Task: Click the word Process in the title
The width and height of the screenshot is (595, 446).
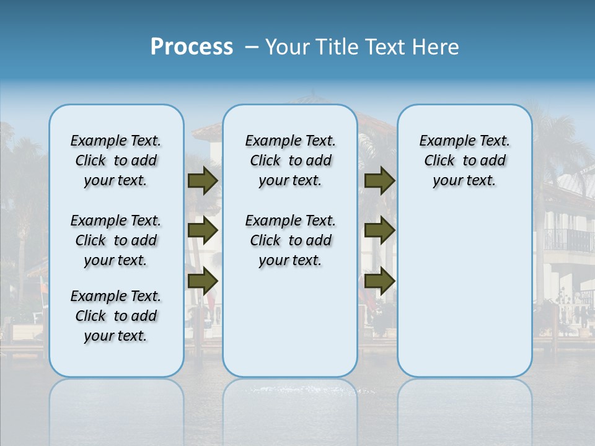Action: [x=192, y=47]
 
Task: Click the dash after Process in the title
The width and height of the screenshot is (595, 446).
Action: [x=251, y=48]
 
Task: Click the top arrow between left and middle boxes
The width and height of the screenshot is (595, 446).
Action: [x=203, y=181]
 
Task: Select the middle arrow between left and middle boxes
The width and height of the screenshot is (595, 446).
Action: [x=203, y=231]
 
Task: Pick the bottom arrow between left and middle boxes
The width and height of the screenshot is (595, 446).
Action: [x=203, y=281]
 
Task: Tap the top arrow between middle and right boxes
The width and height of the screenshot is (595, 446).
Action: [x=379, y=181]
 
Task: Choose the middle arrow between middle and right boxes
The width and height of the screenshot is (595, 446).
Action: [x=379, y=231]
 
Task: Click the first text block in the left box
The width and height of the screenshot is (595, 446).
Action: [x=116, y=160]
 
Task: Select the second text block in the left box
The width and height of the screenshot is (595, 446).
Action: [x=116, y=240]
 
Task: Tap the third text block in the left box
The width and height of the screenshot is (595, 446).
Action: [x=116, y=316]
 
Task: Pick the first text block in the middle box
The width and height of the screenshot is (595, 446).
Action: [x=290, y=160]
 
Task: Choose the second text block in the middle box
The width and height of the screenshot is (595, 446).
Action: [x=290, y=240]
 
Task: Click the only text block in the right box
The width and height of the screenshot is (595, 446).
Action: [x=464, y=160]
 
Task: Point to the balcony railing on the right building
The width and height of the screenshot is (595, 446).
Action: [x=567, y=240]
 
